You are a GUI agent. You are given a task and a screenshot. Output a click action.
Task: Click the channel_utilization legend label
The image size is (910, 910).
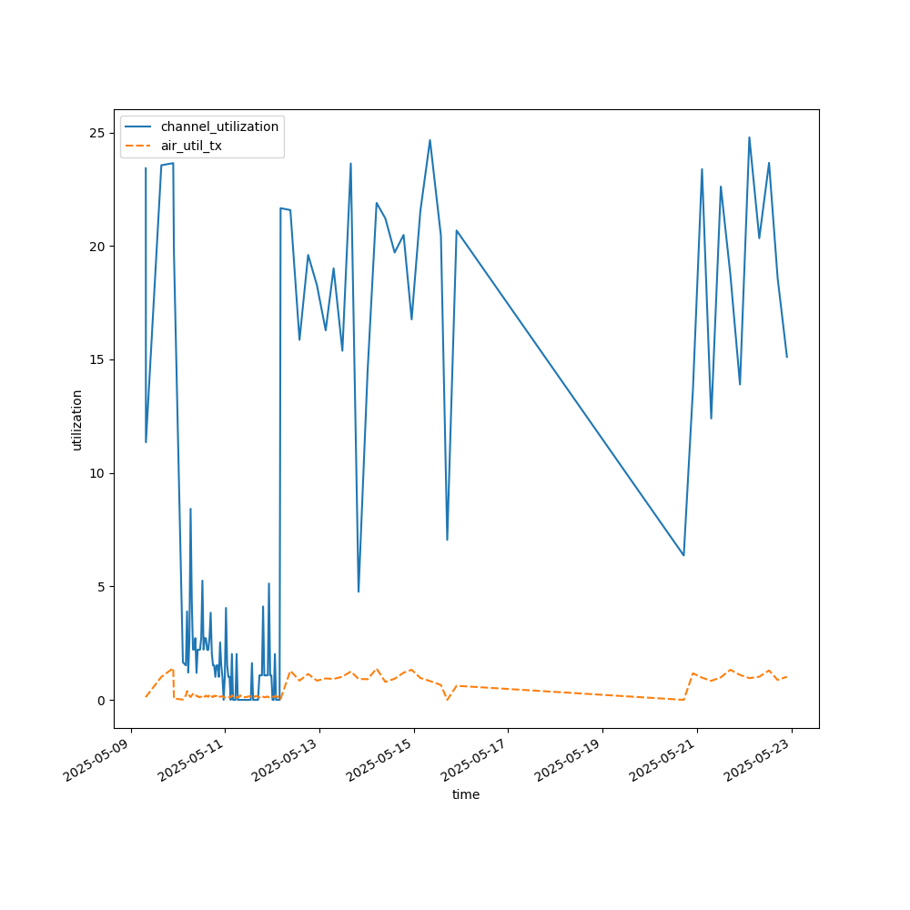click(x=219, y=126)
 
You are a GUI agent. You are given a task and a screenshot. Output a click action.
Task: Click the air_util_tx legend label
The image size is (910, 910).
click(x=191, y=146)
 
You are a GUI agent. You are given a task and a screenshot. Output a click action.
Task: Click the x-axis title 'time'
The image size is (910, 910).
click(x=466, y=794)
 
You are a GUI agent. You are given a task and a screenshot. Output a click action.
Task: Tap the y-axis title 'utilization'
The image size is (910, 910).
click(x=77, y=420)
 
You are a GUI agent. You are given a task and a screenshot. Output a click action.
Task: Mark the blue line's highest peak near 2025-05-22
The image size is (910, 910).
click(x=750, y=137)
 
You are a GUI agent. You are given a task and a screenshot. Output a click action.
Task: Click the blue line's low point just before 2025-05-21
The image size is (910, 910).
click(x=683, y=555)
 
